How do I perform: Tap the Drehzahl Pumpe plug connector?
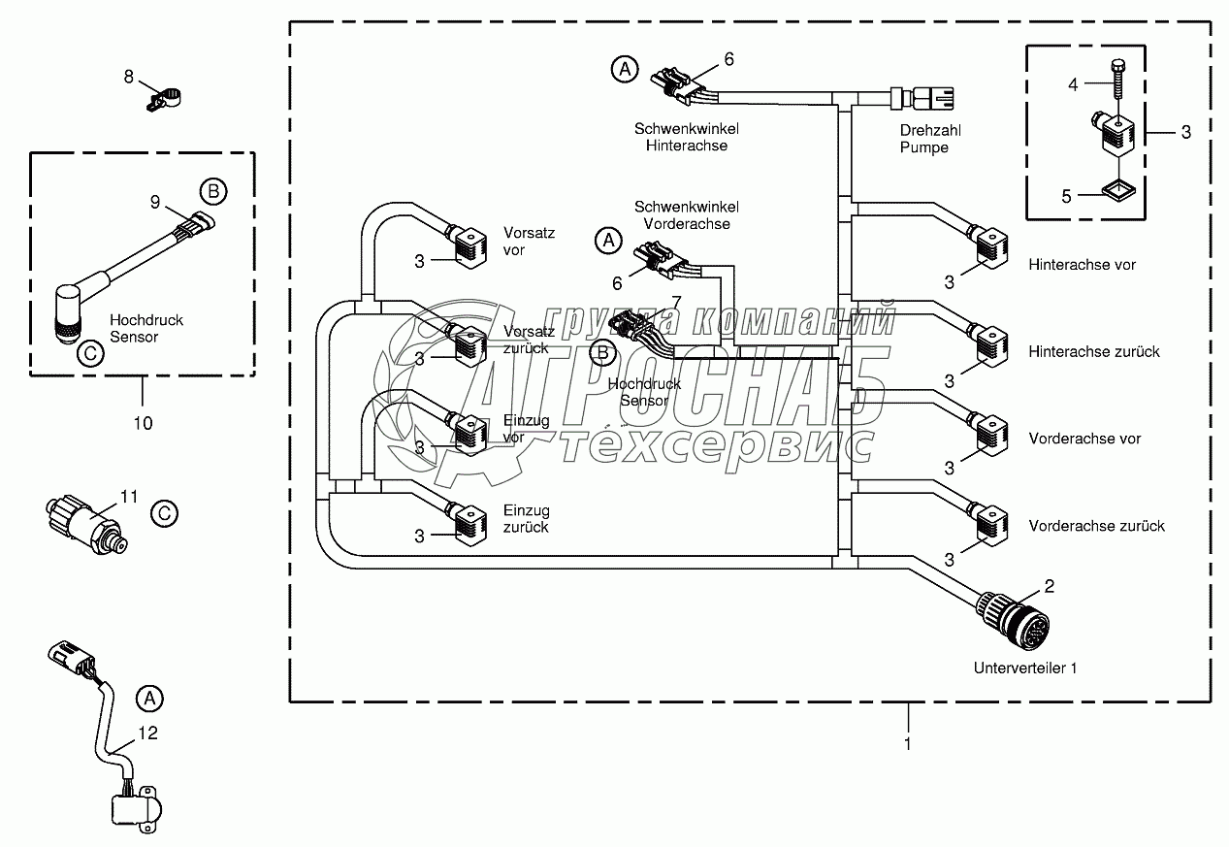tap(930, 98)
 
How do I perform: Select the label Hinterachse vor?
tap(1082, 264)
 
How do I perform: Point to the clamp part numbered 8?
tap(167, 98)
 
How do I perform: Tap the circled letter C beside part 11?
tap(165, 513)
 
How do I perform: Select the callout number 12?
tap(146, 733)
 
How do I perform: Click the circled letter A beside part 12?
tap(148, 697)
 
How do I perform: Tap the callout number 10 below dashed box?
tap(142, 422)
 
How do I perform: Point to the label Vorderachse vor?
tap(1084, 439)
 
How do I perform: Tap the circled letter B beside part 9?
tap(212, 191)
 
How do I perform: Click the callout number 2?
tap(1048, 585)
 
